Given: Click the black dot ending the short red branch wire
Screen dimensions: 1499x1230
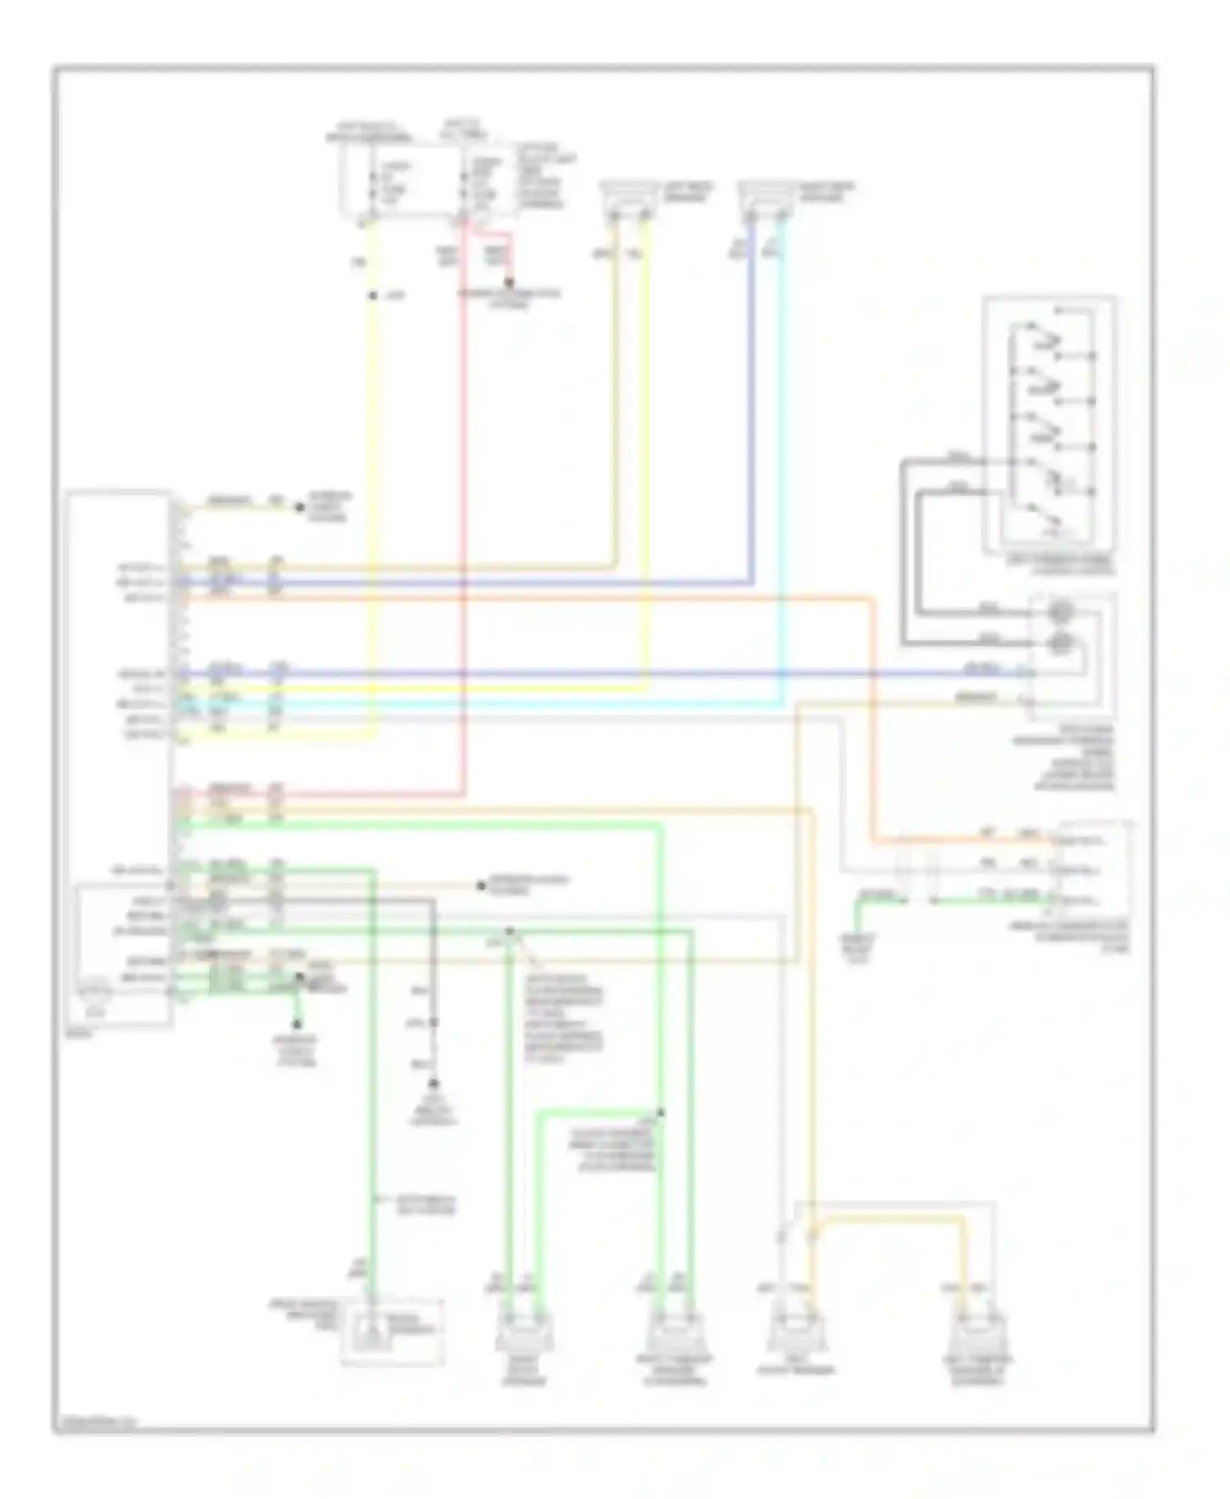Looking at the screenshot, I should coord(508,283).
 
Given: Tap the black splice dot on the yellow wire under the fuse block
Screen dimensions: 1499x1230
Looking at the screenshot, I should coord(372,295).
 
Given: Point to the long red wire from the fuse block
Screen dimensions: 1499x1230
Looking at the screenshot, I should coord(463,508).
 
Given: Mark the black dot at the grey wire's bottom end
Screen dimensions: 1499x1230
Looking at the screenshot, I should coord(433,1084).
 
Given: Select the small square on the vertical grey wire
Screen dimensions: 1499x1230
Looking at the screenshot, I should coord(433,1023).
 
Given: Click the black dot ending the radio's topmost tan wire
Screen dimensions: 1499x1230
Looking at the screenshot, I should coord(299,507).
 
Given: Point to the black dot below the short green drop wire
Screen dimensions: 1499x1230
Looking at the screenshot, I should coord(297,1024).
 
